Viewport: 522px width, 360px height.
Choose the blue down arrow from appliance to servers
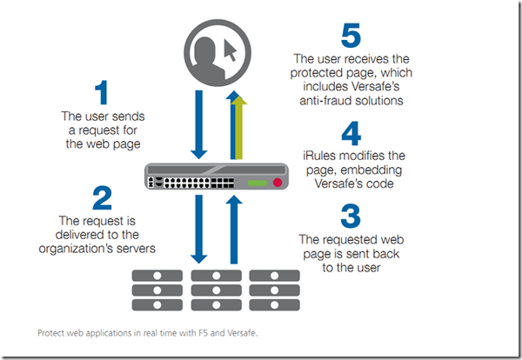(x=199, y=228)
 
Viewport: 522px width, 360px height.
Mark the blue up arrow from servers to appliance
(x=233, y=228)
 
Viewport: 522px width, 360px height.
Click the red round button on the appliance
(x=278, y=183)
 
